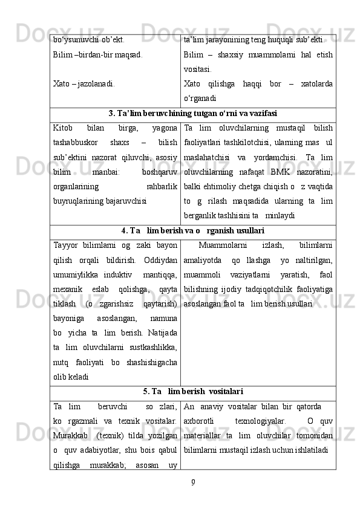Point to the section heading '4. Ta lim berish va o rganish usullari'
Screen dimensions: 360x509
click(x=192, y=230)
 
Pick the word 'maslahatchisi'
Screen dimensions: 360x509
click(x=206, y=157)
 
